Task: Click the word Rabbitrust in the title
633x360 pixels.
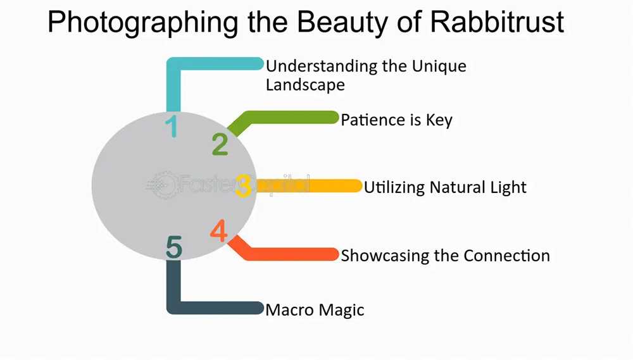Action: [497, 22]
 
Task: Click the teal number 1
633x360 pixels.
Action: [172, 126]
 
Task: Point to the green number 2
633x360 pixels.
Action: [220, 144]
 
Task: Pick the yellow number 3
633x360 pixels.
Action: [243, 185]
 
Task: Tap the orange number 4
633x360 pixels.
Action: [219, 230]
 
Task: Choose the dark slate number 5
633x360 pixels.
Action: [174, 247]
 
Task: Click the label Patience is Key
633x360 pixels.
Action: [396, 120]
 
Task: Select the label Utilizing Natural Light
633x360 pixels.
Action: [445, 187]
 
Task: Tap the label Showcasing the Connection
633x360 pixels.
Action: [445, 256]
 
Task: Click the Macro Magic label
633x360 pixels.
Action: [315, 310]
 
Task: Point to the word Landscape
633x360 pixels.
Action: [305, 85]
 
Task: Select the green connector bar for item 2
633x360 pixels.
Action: [282, 118]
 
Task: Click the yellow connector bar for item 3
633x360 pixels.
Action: [307, 185]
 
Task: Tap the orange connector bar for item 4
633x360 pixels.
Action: [282, 254]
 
